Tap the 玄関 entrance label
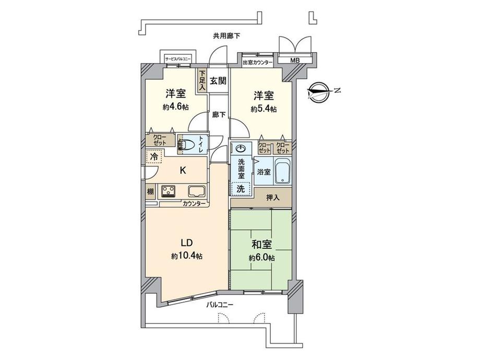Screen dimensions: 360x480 tap(218, 81)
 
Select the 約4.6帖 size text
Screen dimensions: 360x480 tap(176, 106)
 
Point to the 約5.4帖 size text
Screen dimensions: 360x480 tap(263, 109)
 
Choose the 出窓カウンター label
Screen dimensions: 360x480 tap(258, 63)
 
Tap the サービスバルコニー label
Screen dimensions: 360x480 tap(178, 59)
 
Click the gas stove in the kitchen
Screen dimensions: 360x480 tap(169, 191)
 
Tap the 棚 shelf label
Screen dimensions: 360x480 tap(150, 191)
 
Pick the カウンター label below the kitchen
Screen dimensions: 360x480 tap(194, 203)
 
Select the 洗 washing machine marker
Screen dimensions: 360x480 tap(241, 189)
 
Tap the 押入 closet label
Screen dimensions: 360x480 tap(273, 197)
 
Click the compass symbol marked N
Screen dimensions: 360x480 tap(320, 92)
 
